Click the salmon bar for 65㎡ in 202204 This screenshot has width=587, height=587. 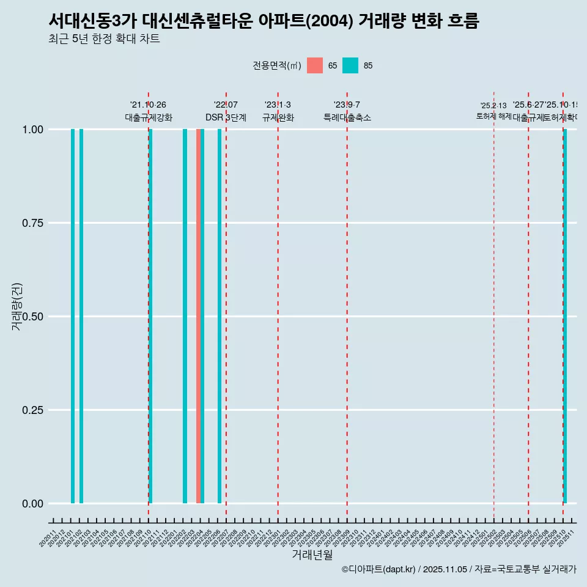click(198, 316)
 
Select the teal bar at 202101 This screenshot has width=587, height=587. click(73, 316)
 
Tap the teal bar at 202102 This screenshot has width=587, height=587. click(81, 316)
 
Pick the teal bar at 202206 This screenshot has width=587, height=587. click(220, 316)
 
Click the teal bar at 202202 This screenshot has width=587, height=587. click(185, 316)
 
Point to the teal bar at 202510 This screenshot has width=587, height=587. click(565, 316)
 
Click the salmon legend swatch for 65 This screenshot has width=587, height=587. click(315, 65)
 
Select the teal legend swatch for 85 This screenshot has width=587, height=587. click(350, 65)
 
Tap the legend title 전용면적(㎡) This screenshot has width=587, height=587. click(276, 65)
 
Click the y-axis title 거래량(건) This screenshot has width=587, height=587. click(17, 306)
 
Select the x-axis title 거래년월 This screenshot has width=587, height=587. click(312, 555)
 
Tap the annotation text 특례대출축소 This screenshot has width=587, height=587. click(347, 117)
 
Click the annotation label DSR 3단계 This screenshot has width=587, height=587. click(226, 117)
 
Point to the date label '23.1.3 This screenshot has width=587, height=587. click(278, 105)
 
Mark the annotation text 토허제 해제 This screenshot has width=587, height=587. click(493, 116)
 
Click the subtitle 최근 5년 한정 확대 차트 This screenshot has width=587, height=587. click(104, 39)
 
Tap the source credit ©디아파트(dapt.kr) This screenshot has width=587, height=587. click(378, 569)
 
